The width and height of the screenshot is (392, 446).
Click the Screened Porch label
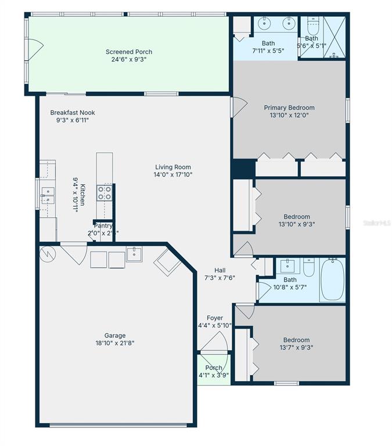(x=129, y=52)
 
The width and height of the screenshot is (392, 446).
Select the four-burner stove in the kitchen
(x=105, y=193)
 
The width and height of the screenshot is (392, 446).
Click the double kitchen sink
(x=47, y=195)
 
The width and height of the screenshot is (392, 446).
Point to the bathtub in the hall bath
(x=332, y=279)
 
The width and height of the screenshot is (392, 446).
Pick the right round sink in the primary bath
(x=288, y=24)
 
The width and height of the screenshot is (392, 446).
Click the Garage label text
(x=115, y=335)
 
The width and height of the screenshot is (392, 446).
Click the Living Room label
(x=172, y=167)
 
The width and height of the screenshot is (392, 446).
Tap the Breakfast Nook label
(x=73, y=113)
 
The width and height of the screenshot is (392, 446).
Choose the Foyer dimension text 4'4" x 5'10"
(x=215, y=325)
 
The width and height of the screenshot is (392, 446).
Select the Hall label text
(x=220, y=270)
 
